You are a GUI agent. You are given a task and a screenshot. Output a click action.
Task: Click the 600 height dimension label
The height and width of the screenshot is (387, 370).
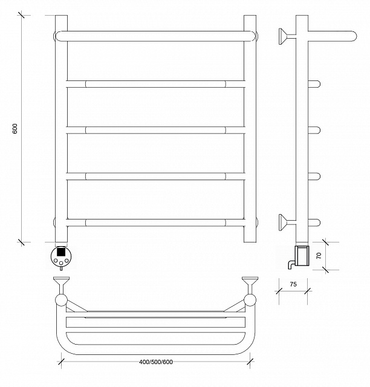coord(15,129)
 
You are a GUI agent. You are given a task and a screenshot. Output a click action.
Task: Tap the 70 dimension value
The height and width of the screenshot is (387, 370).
coord(319,255)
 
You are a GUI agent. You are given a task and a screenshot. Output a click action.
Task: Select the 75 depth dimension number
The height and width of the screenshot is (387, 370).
coord(293,284)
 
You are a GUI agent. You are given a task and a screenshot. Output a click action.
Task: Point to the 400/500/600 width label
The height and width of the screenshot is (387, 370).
coord(156,362)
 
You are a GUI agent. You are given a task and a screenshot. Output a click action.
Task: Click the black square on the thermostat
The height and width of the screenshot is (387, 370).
coord(60,252)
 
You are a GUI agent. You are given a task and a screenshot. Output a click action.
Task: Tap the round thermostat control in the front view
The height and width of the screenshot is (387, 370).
coord(60,256)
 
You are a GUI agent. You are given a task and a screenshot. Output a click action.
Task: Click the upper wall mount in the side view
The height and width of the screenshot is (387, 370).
coord(287,36)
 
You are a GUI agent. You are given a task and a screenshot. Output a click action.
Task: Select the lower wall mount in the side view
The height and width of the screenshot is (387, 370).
coord(287,223)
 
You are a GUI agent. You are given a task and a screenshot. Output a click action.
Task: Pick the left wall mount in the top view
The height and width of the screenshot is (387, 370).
coord(62,285)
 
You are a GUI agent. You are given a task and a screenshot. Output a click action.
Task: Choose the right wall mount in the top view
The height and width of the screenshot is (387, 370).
coord(250,285)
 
